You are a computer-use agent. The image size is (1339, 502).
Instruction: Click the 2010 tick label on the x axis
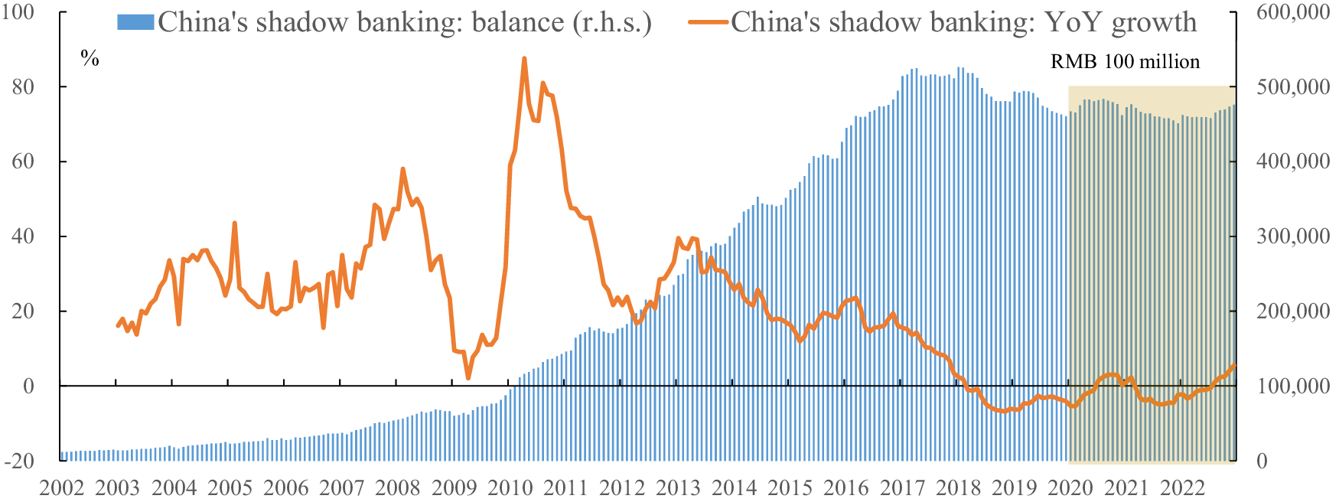510,488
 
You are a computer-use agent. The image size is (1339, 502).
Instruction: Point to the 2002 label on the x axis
61,488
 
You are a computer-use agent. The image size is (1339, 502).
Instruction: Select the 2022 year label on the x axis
1182,488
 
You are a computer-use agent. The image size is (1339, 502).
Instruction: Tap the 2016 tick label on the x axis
846,488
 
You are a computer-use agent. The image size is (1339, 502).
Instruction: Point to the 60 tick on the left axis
23,161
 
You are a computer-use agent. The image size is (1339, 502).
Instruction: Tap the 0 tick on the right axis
1262,461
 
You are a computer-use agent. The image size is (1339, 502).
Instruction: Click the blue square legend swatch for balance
135,22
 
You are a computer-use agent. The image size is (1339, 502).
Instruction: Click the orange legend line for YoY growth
707,22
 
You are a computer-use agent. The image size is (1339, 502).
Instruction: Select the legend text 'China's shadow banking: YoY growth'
963,22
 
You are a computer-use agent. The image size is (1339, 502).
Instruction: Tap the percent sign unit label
90,59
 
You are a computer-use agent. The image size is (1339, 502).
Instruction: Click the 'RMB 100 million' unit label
1125,61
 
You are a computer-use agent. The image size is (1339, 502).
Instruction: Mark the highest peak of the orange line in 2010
524,58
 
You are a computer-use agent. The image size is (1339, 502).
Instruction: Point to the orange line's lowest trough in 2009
468,377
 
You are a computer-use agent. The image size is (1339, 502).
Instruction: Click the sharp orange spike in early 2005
234,223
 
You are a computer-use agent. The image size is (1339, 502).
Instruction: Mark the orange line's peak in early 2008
402,169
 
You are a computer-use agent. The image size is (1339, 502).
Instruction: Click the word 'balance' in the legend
517,22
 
